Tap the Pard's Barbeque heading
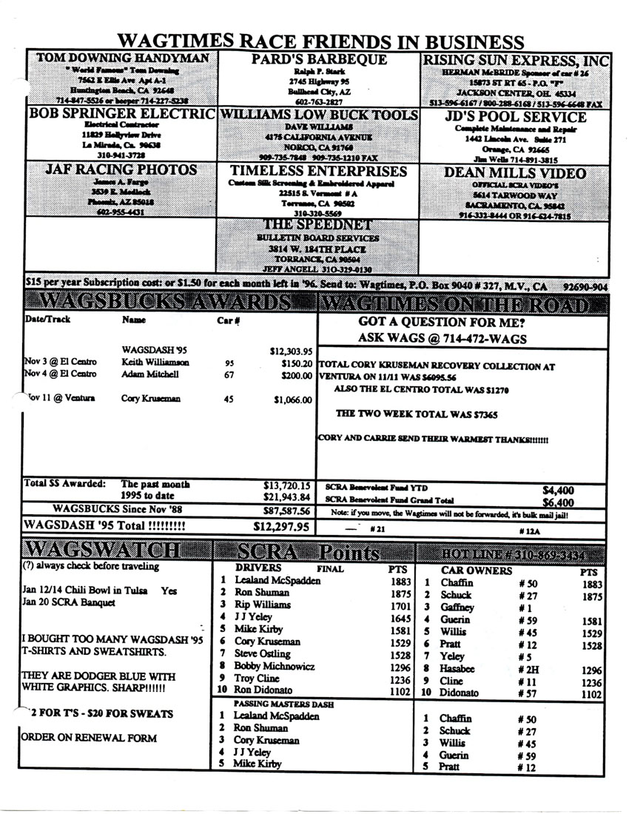point(318,60)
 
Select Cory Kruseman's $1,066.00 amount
point(292,400)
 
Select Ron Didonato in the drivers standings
point(266,692)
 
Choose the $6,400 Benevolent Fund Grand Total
point(557,501)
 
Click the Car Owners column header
point(475,571)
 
